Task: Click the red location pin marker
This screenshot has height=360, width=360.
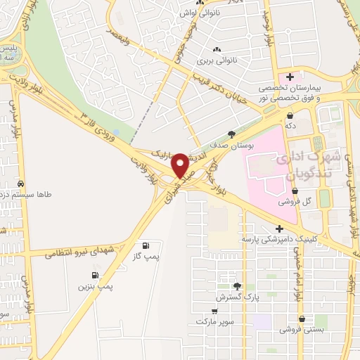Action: [181, 165]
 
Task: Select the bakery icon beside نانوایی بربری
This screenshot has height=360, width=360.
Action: [217, 49]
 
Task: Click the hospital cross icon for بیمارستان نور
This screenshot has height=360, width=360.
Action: [289, 75]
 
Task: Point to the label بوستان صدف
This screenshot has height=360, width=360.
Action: [232, 146]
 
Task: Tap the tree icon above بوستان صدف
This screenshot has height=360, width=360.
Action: [232, 134]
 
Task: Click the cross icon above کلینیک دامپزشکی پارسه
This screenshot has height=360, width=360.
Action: [280, 229]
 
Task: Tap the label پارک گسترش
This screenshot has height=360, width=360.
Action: [238, 297]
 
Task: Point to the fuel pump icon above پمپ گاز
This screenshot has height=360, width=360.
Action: [146, 246]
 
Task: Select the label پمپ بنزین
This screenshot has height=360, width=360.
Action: [94, 288]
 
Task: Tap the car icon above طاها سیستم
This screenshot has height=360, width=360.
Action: [20, 184]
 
